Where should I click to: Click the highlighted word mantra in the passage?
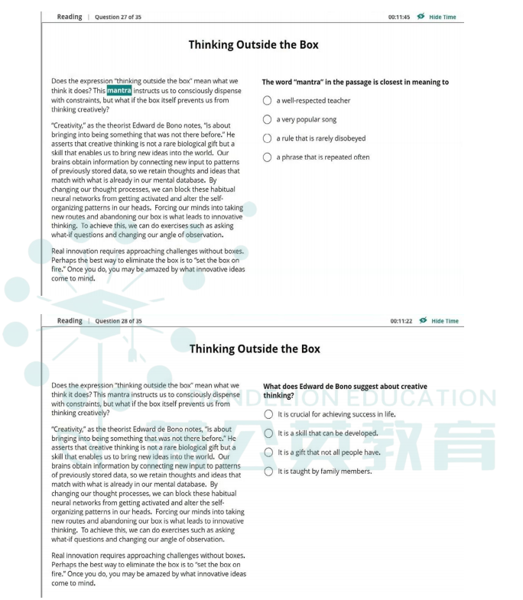coord(119,90)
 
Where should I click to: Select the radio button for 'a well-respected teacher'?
coord(267,100)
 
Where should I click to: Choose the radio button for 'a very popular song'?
coord(267,119)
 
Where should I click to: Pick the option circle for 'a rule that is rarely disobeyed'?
coord(267,138)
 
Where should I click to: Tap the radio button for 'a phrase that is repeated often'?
coord(267,157)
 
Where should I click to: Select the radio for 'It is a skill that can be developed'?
coord(268,433)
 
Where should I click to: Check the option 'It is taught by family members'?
coord(268,471)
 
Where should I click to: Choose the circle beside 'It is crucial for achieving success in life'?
coord(268,414)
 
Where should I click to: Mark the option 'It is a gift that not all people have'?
coord(268,452)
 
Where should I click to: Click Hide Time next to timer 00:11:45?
coord(442,17)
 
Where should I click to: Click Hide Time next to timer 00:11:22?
coord(444,321)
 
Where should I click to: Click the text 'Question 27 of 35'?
coord(118,17)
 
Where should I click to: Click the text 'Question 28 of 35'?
coord(118,321)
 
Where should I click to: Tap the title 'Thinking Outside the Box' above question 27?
coord(254,45)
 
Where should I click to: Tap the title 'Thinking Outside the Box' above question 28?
coord(255,349)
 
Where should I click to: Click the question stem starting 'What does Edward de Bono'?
coord(345,391)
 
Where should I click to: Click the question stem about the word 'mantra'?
coord(355,82)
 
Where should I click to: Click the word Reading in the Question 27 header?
coord(70,17)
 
